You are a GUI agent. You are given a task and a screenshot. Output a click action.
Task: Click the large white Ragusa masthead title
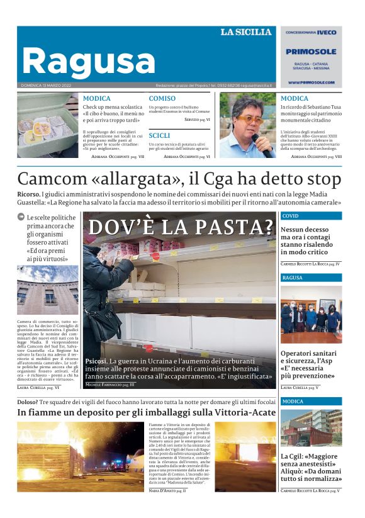[88, 62]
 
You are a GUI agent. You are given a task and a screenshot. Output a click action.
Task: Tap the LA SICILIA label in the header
[246, 32]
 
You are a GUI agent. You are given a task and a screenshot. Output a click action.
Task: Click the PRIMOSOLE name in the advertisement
[311, 52]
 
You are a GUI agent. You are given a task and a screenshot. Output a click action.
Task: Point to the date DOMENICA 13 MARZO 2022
[46, 86]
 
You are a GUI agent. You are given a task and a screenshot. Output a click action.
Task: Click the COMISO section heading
[162, 98]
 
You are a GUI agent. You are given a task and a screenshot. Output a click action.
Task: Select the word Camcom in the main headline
[52, 179]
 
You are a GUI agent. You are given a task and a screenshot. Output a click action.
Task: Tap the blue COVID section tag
[291, 216]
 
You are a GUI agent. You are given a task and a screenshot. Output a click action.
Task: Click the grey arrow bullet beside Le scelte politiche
[21, 218]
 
